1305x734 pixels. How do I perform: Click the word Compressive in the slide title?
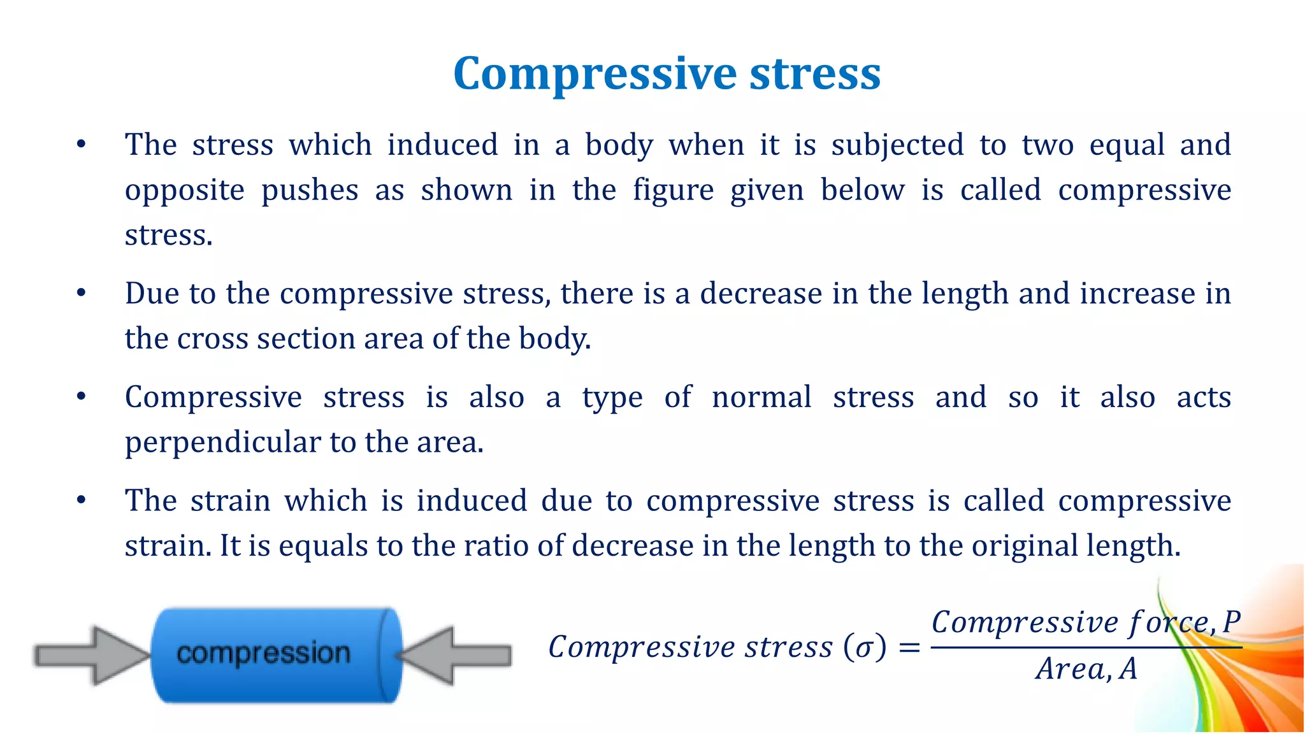tap(596, 75)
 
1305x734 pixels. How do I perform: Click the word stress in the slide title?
tap(815, 75)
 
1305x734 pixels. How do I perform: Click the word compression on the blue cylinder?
tap(263, 654)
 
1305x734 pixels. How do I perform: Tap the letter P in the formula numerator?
tap(1231, 622)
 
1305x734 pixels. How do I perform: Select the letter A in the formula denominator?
tap(1128, 669)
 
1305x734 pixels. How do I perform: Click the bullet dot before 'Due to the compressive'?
tap(81, 294)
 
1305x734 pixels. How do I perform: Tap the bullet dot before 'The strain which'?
tap(81, 501)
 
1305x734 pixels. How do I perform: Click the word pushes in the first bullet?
tap(310, 191)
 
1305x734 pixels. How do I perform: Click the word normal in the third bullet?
tap(761, 398)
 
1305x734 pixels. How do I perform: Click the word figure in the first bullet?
tap(673, 191)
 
